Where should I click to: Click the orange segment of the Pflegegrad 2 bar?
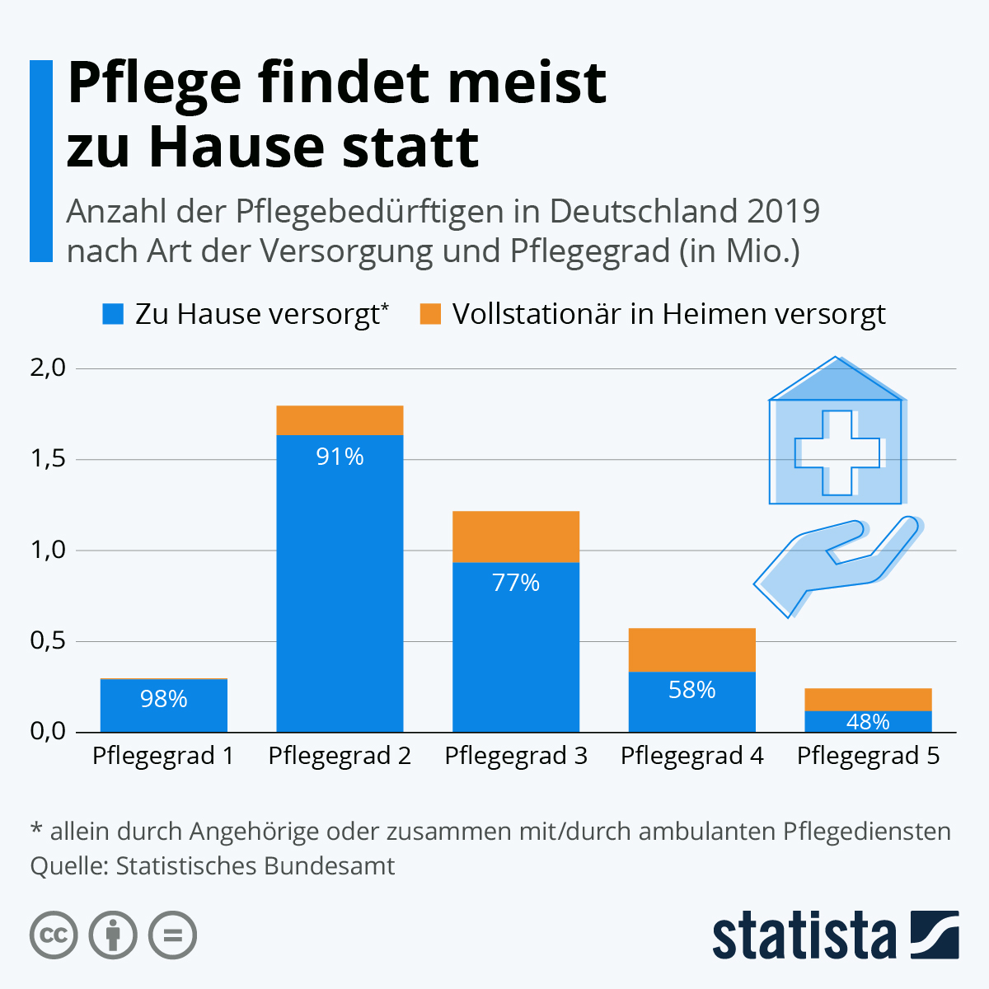(340, 420)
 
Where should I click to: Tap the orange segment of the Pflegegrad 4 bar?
(692, 650)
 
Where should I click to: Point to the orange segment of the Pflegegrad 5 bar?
(868, 700)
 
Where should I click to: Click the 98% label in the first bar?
(164, 700)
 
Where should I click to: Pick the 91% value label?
(340, 457)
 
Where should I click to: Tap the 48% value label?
(868, 722)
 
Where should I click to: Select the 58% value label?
(692, 690)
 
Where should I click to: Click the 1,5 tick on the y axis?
(48, 459)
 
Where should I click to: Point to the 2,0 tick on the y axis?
(48, 368)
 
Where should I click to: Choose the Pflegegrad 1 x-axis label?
(163, 756)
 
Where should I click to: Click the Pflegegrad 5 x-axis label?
(868, 756)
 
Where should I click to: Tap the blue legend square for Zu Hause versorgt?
(112, 314)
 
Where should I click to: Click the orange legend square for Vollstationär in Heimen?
(430, 314)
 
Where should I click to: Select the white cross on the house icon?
(837, 452)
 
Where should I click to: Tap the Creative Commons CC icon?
(54, 935)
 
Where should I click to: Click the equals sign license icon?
(173, 935)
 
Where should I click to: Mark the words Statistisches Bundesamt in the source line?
(255, 866)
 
